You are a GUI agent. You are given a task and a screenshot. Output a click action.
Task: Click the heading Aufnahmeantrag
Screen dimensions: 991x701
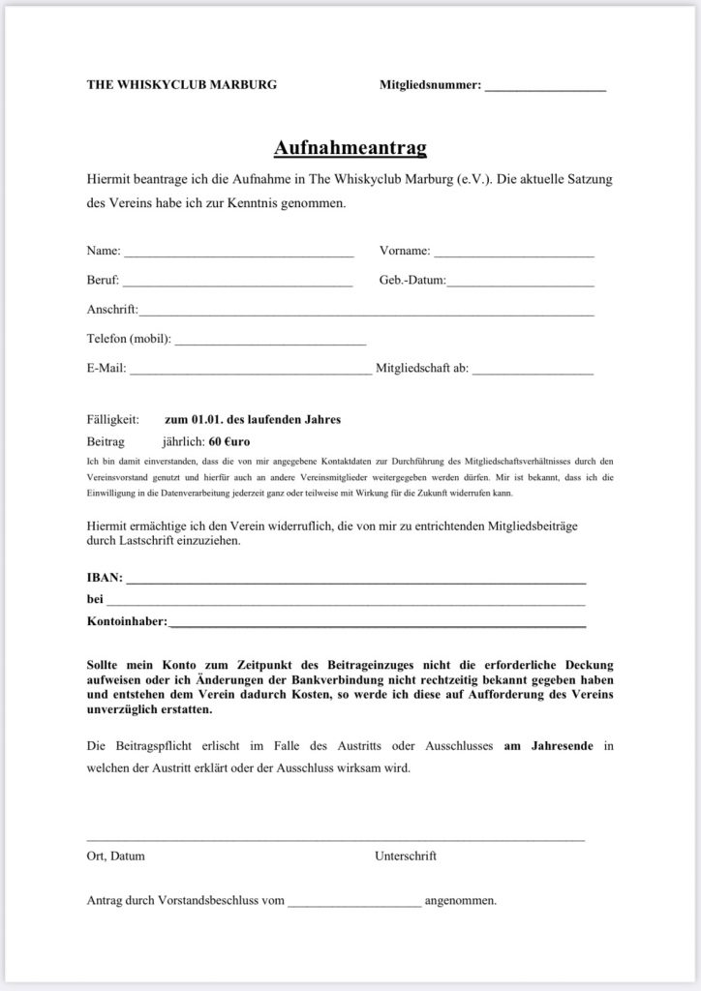click(x=350, y=147)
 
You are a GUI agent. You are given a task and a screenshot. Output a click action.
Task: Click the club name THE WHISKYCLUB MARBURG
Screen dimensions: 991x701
click(x=182, y=85)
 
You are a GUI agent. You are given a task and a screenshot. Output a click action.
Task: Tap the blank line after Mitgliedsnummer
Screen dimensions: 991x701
click(x=545, y=87)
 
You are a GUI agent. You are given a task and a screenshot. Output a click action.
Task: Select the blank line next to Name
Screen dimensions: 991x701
click(x=238, y=254)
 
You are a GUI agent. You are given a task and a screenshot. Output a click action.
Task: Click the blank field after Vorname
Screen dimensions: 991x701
click(x=514, y=254)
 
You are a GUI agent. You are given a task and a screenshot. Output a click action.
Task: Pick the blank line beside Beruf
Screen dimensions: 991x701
click(x=237, y=283)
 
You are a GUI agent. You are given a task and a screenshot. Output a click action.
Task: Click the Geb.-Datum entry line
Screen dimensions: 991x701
click(x=521, y=283)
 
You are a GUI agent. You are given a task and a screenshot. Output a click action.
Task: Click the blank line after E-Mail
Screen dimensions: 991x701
click(x=250, y=370)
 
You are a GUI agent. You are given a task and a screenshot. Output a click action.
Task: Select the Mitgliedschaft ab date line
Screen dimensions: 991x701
click(x=533, y=370)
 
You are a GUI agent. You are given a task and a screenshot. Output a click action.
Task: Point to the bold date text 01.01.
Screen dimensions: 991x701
click(x=204, y=419)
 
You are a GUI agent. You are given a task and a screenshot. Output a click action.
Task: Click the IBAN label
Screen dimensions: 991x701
click(x=105, y=578)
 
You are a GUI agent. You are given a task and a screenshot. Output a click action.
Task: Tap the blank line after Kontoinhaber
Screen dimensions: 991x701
click(x=378, y=623)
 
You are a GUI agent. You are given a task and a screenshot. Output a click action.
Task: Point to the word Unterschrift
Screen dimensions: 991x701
click(x=406, y=856)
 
